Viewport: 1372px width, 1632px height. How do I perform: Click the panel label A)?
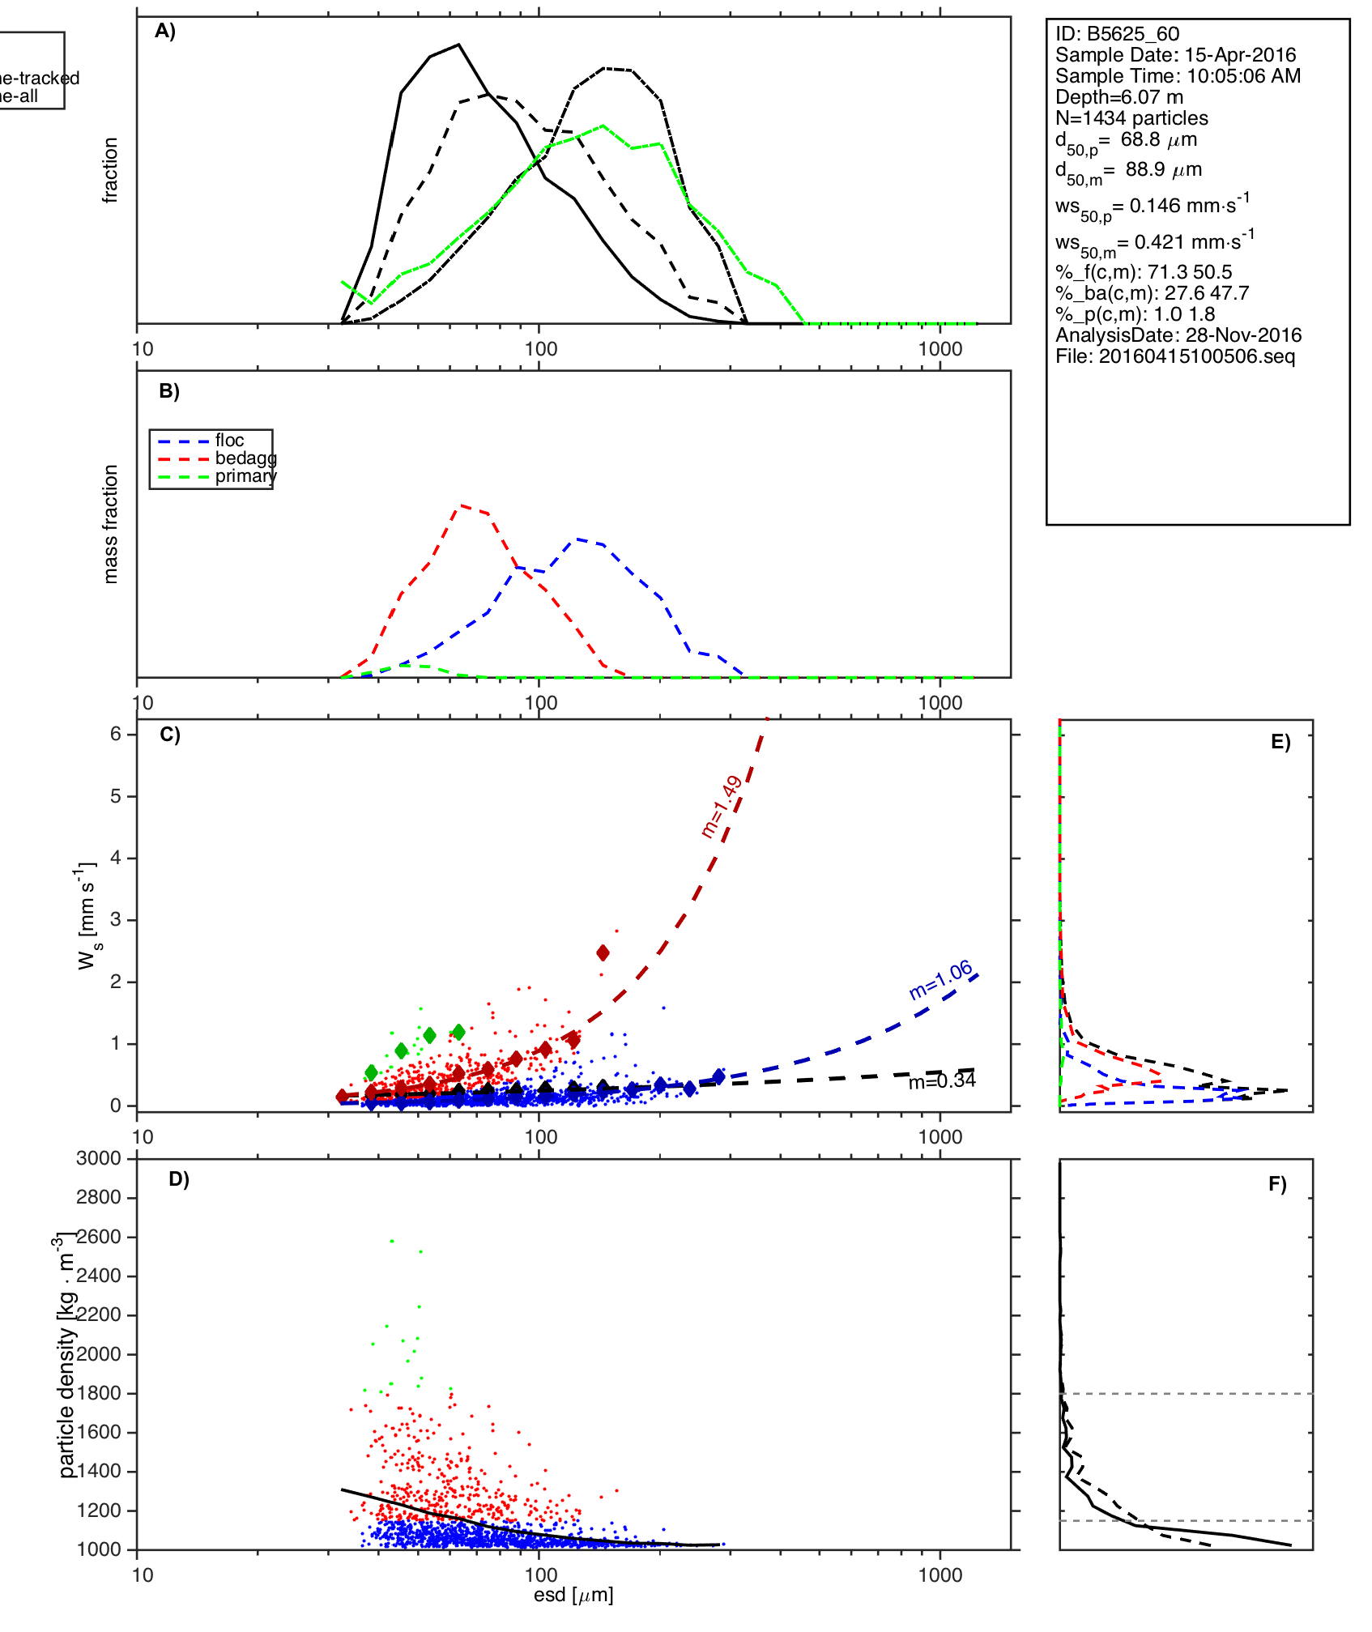point(165,31)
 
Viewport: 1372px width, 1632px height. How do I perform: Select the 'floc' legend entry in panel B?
point(229,441)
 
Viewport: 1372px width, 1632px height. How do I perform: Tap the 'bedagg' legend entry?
point(245,458)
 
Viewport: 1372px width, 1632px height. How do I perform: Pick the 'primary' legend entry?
point(245,476)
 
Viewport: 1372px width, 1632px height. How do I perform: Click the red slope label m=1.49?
point(721,807)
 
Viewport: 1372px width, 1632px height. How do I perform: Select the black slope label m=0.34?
point(942,1081)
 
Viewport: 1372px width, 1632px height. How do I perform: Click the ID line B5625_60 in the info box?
point(1117,34)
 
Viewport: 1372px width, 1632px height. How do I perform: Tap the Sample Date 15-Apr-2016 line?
point(1175,55)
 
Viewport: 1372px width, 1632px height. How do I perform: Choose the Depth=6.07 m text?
point(1118,97)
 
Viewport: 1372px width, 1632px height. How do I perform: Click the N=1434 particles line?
point(1131,118)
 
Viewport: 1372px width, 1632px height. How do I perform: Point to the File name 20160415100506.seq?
point(1175,356)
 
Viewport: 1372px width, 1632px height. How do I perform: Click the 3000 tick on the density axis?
point(99,1159)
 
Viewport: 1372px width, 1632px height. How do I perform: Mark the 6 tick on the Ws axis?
point(116,734)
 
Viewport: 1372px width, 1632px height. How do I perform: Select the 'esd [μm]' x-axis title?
point(573,1596)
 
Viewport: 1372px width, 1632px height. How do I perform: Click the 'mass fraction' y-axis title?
point(111,524)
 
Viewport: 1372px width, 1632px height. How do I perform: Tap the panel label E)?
point(1280,742)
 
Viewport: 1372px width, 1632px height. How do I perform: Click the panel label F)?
point(1277,1184)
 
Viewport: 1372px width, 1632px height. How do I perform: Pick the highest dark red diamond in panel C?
point(603,952)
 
